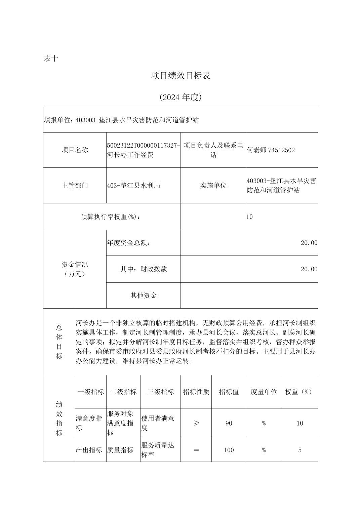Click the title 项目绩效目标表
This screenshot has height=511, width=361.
point(180,76)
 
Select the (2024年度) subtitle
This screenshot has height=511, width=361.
point(180,97)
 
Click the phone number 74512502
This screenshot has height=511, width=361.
point(281,150)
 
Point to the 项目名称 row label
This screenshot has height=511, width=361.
point(75,150)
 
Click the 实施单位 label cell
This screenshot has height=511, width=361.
point(213,186)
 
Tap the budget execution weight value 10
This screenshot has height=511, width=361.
point(249,217)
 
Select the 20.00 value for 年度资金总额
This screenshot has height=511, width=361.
point(309,243)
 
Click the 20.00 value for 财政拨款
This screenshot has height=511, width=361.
point(309,269)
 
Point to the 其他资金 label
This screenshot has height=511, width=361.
point(144,296)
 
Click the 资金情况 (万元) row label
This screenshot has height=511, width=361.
point(75,269)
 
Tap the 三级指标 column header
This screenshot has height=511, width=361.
point(161,392)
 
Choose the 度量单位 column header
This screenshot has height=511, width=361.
point(264,392)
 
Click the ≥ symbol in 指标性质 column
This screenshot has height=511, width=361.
point(196,423)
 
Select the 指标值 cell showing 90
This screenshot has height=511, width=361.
point(229,423)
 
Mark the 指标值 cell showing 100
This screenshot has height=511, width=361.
point(229,450)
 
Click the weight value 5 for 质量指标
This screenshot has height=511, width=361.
point(300,450)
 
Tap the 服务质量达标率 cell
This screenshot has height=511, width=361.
point(158,450)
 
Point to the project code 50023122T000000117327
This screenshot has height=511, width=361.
point(144,145)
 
